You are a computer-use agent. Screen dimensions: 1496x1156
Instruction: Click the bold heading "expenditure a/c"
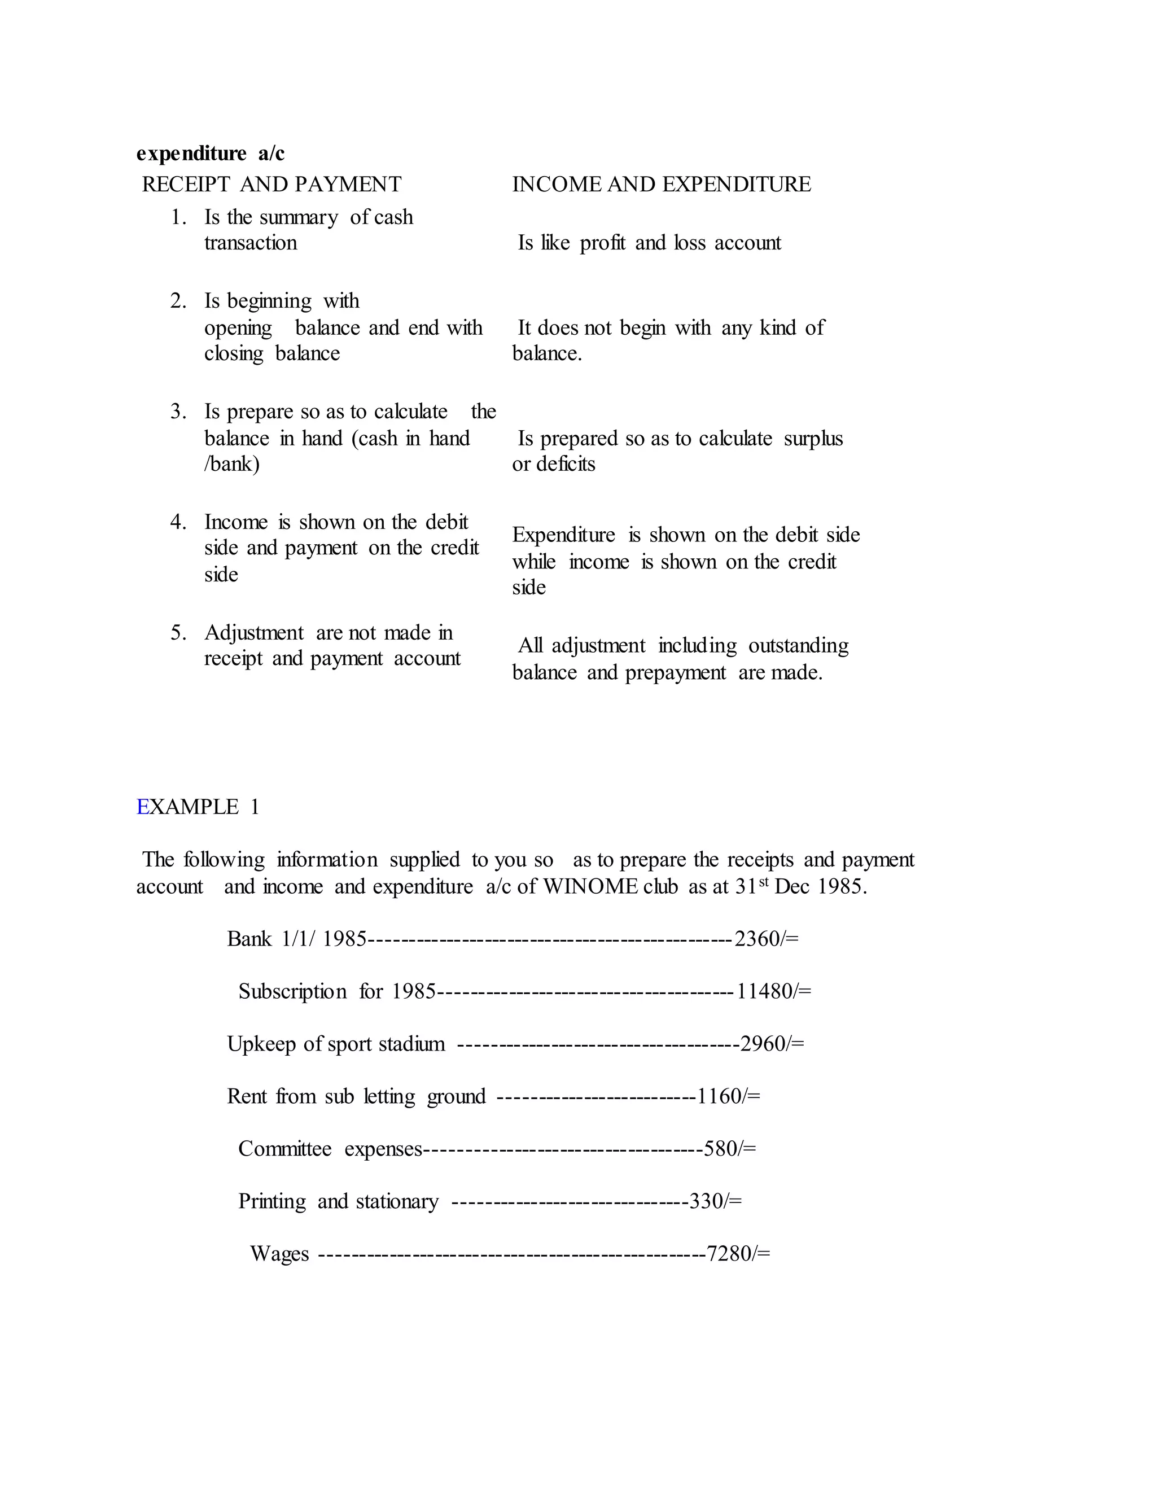click(x=210, y=154)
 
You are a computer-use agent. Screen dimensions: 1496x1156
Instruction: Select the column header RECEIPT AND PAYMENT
click(x=271, y=184)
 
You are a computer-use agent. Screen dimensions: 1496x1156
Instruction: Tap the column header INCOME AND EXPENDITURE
click(x=661, y=184)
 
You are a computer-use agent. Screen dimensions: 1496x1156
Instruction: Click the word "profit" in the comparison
click(x=603, y=243)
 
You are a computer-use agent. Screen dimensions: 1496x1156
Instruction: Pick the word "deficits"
click(x=565, y=465)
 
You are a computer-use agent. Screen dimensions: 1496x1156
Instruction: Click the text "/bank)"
click(x=231, y=465)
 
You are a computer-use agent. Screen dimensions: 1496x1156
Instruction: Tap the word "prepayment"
click(x=675, y=673)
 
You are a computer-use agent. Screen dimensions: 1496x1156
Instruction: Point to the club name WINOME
click(x=592, y=887)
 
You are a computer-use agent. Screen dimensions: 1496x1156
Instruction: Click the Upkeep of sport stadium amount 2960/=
click(x=772, y=1044)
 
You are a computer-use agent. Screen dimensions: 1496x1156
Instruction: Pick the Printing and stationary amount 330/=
click(x=716, y=1201)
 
